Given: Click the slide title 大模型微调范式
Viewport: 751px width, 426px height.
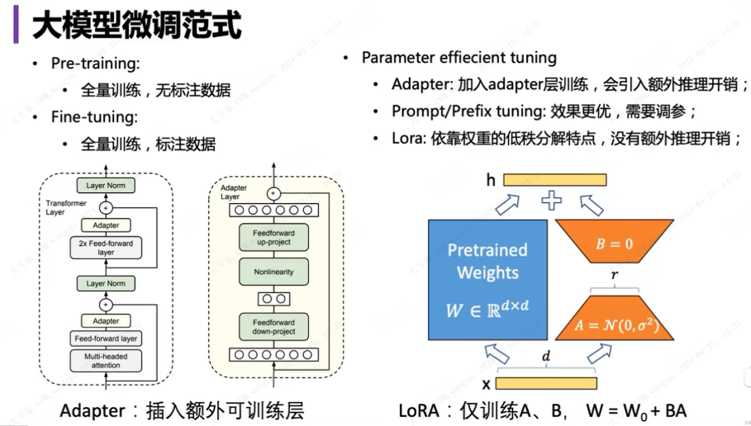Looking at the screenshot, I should (x=137, y=26).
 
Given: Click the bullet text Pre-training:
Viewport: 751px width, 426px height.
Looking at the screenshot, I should (x=95, y=64).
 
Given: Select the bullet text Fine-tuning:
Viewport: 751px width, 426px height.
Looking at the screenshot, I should (x=93, y=117).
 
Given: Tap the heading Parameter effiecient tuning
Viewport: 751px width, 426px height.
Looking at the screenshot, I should (x=459, y=58).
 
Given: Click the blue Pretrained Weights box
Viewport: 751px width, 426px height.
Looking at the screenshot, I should (x=487, y=271).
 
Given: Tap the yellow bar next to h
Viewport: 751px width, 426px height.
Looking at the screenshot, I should (x=554, y=179).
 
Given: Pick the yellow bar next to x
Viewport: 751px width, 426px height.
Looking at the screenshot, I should (x=545, y=383).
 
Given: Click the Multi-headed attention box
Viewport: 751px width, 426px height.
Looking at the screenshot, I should (x=106, y=360).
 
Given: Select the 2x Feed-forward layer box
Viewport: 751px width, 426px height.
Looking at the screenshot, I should (x=106, y=247).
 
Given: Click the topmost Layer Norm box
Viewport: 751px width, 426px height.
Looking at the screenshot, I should (x=106, y=186).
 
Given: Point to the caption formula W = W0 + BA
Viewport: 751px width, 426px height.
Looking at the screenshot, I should (x=635, y=410).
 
